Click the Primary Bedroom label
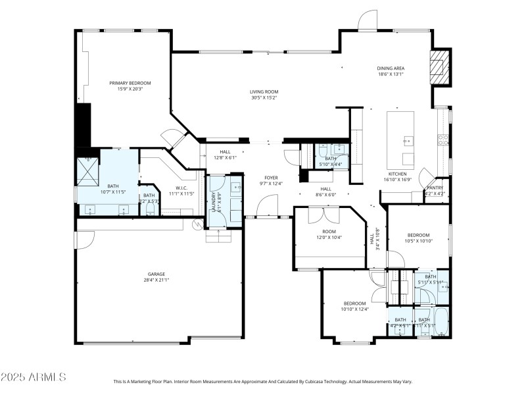click(130, 83)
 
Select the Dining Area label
click(390, 68)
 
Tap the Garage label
click(156, 274)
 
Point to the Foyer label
click(271, 178)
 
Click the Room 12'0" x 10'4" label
click(329, 232)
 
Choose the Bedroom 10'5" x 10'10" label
click(418, 235)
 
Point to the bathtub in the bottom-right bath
click(441, 322)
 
